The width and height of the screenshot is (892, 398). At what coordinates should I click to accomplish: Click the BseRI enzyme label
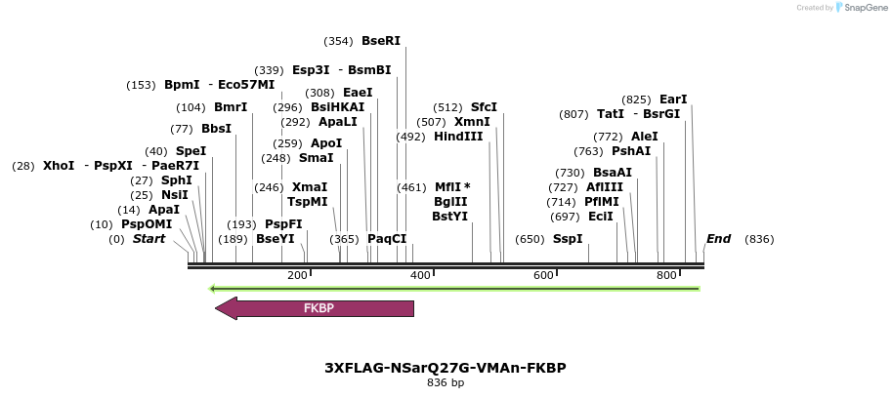[381, 41]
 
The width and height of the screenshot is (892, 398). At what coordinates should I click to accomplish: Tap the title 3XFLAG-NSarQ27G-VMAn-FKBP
[446, 368]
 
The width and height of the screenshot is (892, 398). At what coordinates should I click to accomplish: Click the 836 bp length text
[446, 383]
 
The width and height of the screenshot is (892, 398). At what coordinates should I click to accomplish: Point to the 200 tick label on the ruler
[298, 276]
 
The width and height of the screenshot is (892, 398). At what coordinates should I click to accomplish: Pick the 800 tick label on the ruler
[667, 276]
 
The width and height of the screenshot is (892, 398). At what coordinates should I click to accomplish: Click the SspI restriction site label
[568, 239]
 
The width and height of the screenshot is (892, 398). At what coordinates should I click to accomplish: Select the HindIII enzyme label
[458, 137]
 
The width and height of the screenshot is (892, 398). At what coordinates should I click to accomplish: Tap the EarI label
[673, 99]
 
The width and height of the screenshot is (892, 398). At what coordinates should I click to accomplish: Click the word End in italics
[718, 239]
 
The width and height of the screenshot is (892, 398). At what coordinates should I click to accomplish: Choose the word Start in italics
[149, 239]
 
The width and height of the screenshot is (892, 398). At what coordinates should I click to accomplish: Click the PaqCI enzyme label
[387, 239]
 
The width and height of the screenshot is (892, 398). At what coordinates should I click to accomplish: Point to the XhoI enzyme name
[59, 166]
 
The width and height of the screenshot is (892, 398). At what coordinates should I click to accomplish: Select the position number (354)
[338, 41]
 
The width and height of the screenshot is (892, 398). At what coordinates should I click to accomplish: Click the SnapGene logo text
[860, 8]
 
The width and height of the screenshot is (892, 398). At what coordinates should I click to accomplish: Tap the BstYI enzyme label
[449, 217]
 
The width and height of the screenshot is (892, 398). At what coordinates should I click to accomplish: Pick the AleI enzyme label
[645, 137]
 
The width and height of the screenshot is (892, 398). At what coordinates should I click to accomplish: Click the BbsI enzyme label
[216, 129]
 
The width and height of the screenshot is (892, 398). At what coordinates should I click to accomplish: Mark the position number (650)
[530, 239]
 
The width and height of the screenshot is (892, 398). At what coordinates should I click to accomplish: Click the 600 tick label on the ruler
[544, 276]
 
